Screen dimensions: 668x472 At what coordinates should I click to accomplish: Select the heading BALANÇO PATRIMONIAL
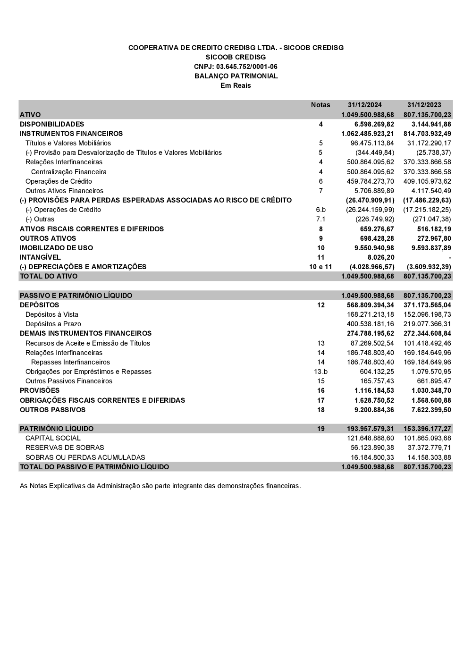click(236, 76)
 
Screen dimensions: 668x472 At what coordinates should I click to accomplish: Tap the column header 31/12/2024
click(364, 105)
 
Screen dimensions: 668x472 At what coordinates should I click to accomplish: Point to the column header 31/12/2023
click(424, 105)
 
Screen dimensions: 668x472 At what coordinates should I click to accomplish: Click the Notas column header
click(320, 105)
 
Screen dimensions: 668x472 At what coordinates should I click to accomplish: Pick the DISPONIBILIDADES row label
click(52, 124)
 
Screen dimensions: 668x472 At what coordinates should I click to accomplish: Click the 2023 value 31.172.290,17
click(429, 143)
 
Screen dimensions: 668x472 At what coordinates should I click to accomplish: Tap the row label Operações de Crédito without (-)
click(59, 181)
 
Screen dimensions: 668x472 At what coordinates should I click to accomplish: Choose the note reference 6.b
click(320, 210)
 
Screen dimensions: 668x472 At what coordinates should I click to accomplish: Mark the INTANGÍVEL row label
click(40, 257)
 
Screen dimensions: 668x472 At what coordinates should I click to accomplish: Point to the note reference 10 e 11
click(320, 267)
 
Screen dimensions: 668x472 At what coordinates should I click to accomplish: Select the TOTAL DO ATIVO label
click(49, 276)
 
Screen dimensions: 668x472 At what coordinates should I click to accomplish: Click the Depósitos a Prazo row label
click(53, 324)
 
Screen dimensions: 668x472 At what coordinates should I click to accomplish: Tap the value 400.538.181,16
click(370, 324)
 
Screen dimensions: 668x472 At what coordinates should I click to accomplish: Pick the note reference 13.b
click(320, 372)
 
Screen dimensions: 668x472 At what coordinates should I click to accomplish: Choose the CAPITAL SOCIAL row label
click(53, 438)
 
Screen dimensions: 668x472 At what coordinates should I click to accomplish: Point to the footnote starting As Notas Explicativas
click(160, 485)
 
